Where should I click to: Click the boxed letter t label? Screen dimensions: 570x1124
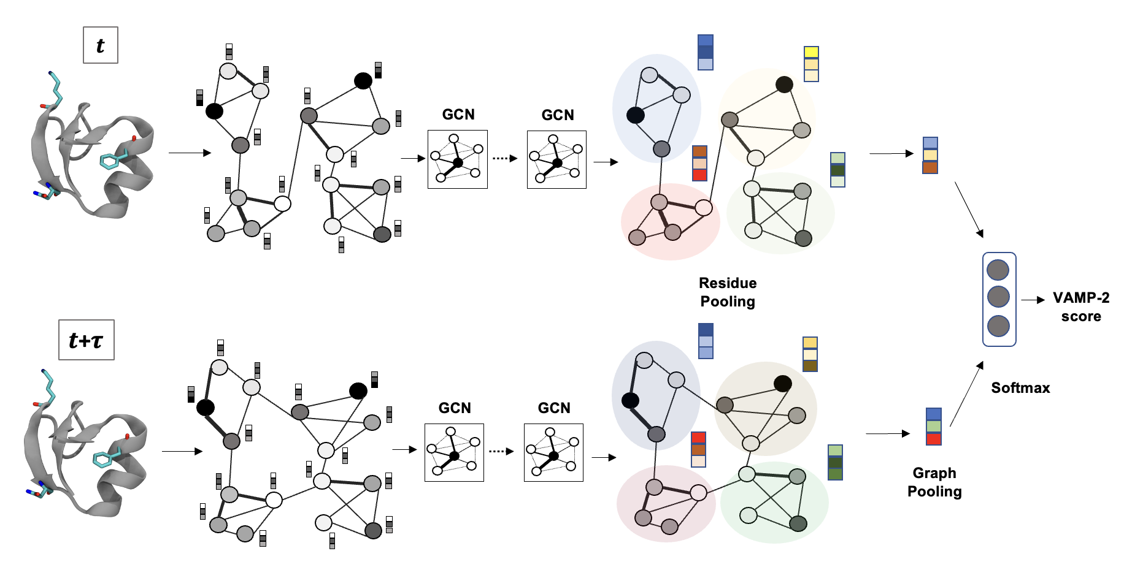(100, 45)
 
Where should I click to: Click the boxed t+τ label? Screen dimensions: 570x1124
(86, 340)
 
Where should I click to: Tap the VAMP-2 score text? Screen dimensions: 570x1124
(1081, 306)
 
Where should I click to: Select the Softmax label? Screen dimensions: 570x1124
(1020, 388)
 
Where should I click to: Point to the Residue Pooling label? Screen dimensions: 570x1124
(728, 292)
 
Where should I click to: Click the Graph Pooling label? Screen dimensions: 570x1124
(934, 482)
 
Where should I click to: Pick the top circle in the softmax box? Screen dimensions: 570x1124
(998, 270)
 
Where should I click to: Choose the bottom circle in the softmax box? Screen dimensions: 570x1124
(998, 326)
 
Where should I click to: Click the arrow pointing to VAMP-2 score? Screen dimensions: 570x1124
(1033, 300)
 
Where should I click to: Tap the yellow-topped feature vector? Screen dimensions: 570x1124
(811, 64)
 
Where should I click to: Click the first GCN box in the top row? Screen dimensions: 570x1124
(458, 159)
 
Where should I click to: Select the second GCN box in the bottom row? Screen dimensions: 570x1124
(553, 452)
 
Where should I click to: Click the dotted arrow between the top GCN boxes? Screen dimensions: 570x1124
(505, 158)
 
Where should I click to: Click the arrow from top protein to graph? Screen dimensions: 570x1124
(190, 153)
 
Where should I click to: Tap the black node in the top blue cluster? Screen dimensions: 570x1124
(636, 115)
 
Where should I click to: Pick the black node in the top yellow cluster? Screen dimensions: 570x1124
(784, 85)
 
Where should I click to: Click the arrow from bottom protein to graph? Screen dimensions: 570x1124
(182, 452)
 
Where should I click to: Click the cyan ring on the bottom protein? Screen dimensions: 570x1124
(102, 459)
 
